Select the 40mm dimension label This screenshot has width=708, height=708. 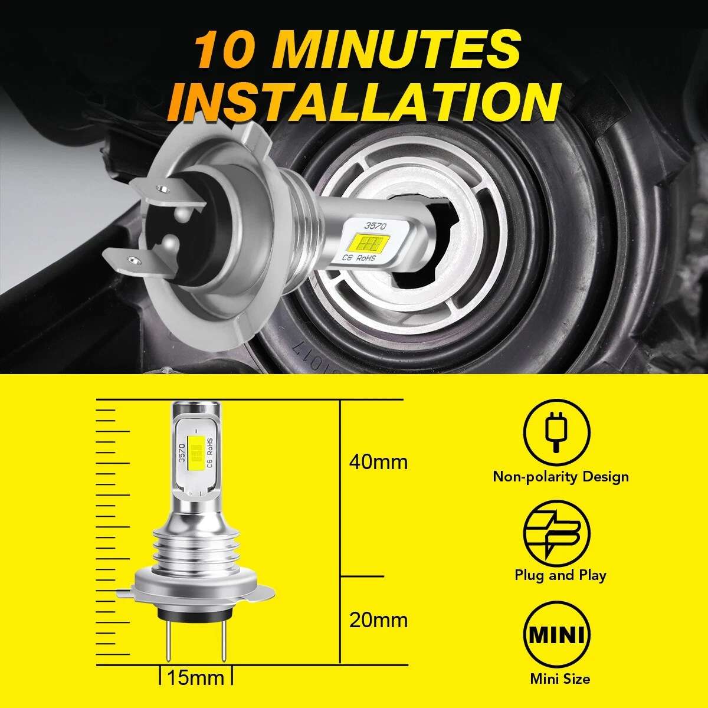coord(378,462)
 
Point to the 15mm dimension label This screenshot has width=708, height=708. coord(195,677)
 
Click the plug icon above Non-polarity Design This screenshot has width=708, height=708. coord(557,432)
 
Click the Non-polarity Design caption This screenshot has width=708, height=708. coord(560,477)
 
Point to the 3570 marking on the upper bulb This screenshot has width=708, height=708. coord(375,225)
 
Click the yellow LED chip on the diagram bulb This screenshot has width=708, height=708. coord(195,454)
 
